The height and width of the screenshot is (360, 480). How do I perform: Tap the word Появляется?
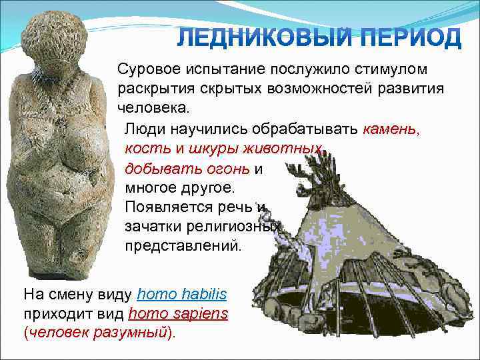pos(172,207)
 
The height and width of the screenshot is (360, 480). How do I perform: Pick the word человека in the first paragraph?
pos(153,107)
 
